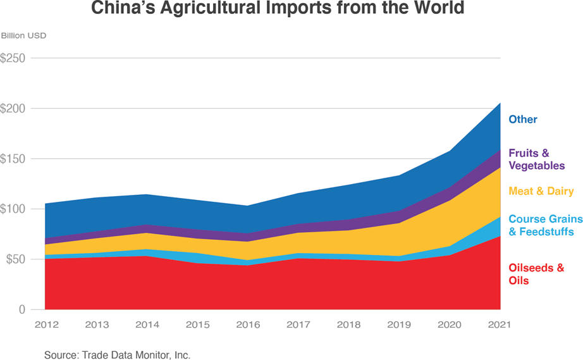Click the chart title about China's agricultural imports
(x=278, y=9)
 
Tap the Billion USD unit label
(x=23, y=35)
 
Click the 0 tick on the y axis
(x=21, y=309)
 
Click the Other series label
(x=523, y=120)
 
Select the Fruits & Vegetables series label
(x=536, y=159)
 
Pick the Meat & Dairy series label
(x=541, y=191)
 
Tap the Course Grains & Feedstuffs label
(x=545, y=225)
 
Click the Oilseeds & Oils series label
(x=536, y=274)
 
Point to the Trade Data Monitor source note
(x=117, y=355)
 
